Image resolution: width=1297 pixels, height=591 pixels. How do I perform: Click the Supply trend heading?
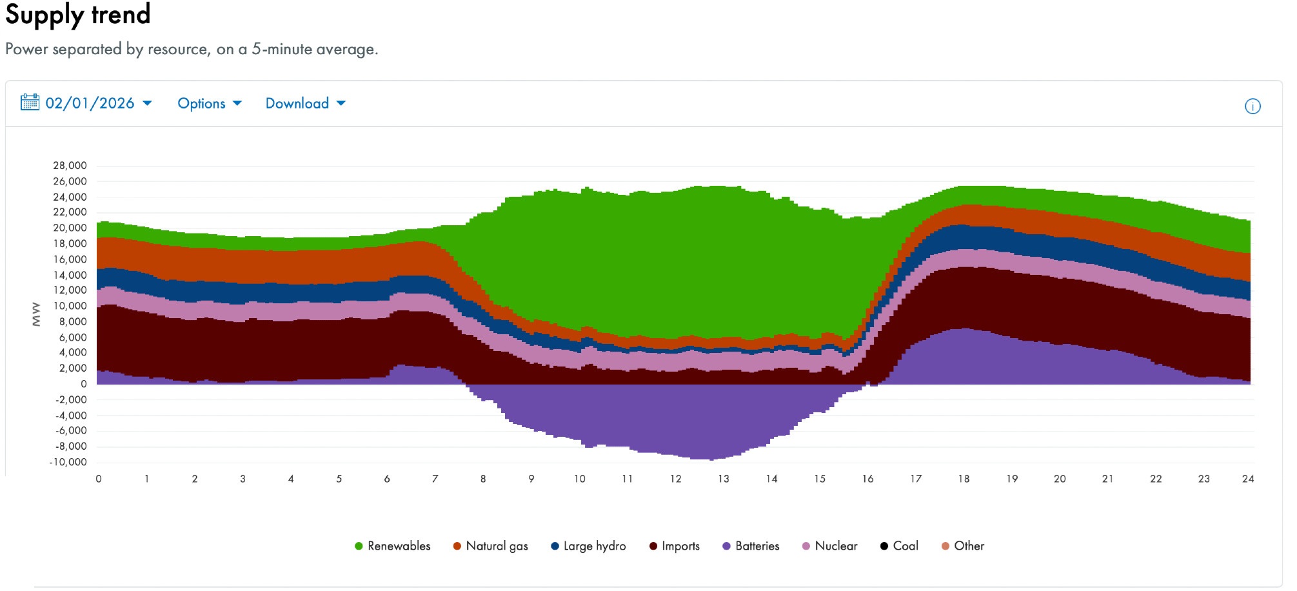coord(78,15)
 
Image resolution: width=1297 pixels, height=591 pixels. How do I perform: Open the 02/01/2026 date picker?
coord(90,103)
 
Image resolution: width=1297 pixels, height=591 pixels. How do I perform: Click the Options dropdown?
coord(209,103)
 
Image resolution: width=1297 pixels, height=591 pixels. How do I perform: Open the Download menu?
coord(305,103)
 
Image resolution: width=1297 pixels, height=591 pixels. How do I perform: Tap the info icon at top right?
coord(1252,106)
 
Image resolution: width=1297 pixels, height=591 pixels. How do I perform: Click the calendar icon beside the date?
coord(30,102)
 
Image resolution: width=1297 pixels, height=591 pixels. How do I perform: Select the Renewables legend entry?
coord(392,546)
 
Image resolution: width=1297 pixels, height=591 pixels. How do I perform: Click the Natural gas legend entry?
coord(490,546)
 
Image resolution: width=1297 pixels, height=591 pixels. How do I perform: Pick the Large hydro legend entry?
coord(588,546)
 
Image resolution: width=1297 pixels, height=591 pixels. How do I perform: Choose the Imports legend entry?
coord(674,546)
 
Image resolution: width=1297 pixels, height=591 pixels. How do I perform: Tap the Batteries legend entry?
coord(751,546)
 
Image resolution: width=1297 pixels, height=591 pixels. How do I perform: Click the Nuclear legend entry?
coord(829,546)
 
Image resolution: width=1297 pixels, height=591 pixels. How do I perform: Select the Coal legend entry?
coord(899,546)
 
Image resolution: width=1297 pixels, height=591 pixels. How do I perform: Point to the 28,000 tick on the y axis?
coord(70,166)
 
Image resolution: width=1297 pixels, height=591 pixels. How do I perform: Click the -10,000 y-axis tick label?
coord(68,462)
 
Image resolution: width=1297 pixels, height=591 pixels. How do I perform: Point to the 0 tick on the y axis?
coord(83,384)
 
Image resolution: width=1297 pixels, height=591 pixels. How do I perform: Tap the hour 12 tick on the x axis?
coord(675,479)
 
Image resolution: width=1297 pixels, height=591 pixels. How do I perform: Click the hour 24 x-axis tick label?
coord(1248,479)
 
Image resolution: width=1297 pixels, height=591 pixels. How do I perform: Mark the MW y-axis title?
coord(36,314)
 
